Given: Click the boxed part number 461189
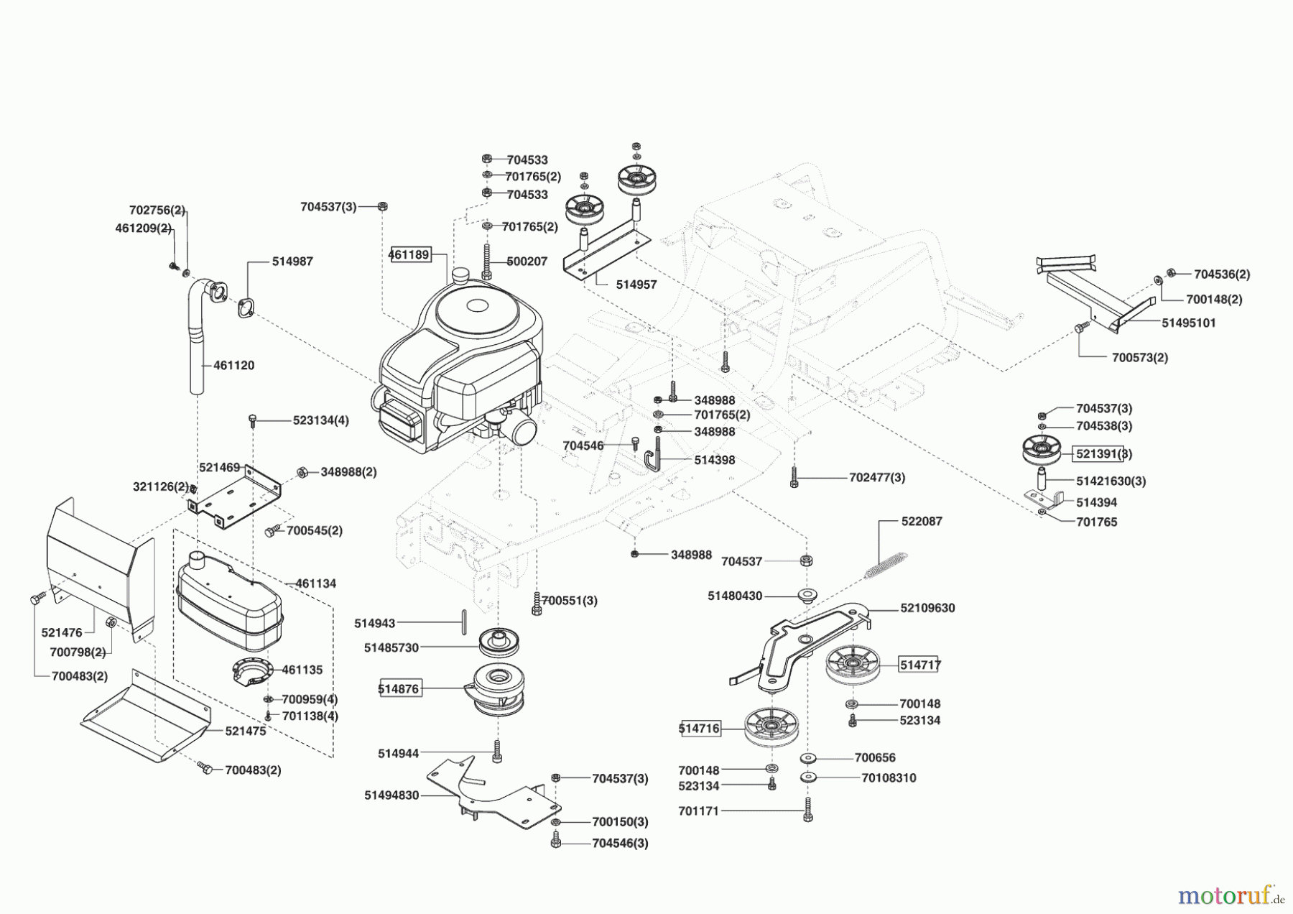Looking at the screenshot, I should [409, 254].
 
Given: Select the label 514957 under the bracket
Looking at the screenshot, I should [636, 285].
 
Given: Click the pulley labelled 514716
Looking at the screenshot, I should [771, 727].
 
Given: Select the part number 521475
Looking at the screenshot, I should [245, 731].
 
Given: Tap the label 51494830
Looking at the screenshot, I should [391, 795].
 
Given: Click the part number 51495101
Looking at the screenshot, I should [1188, 323].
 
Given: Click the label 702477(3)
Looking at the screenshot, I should [876, 477].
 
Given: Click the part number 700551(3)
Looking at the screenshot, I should [569, 600].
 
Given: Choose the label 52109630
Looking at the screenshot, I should [927, 608].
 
